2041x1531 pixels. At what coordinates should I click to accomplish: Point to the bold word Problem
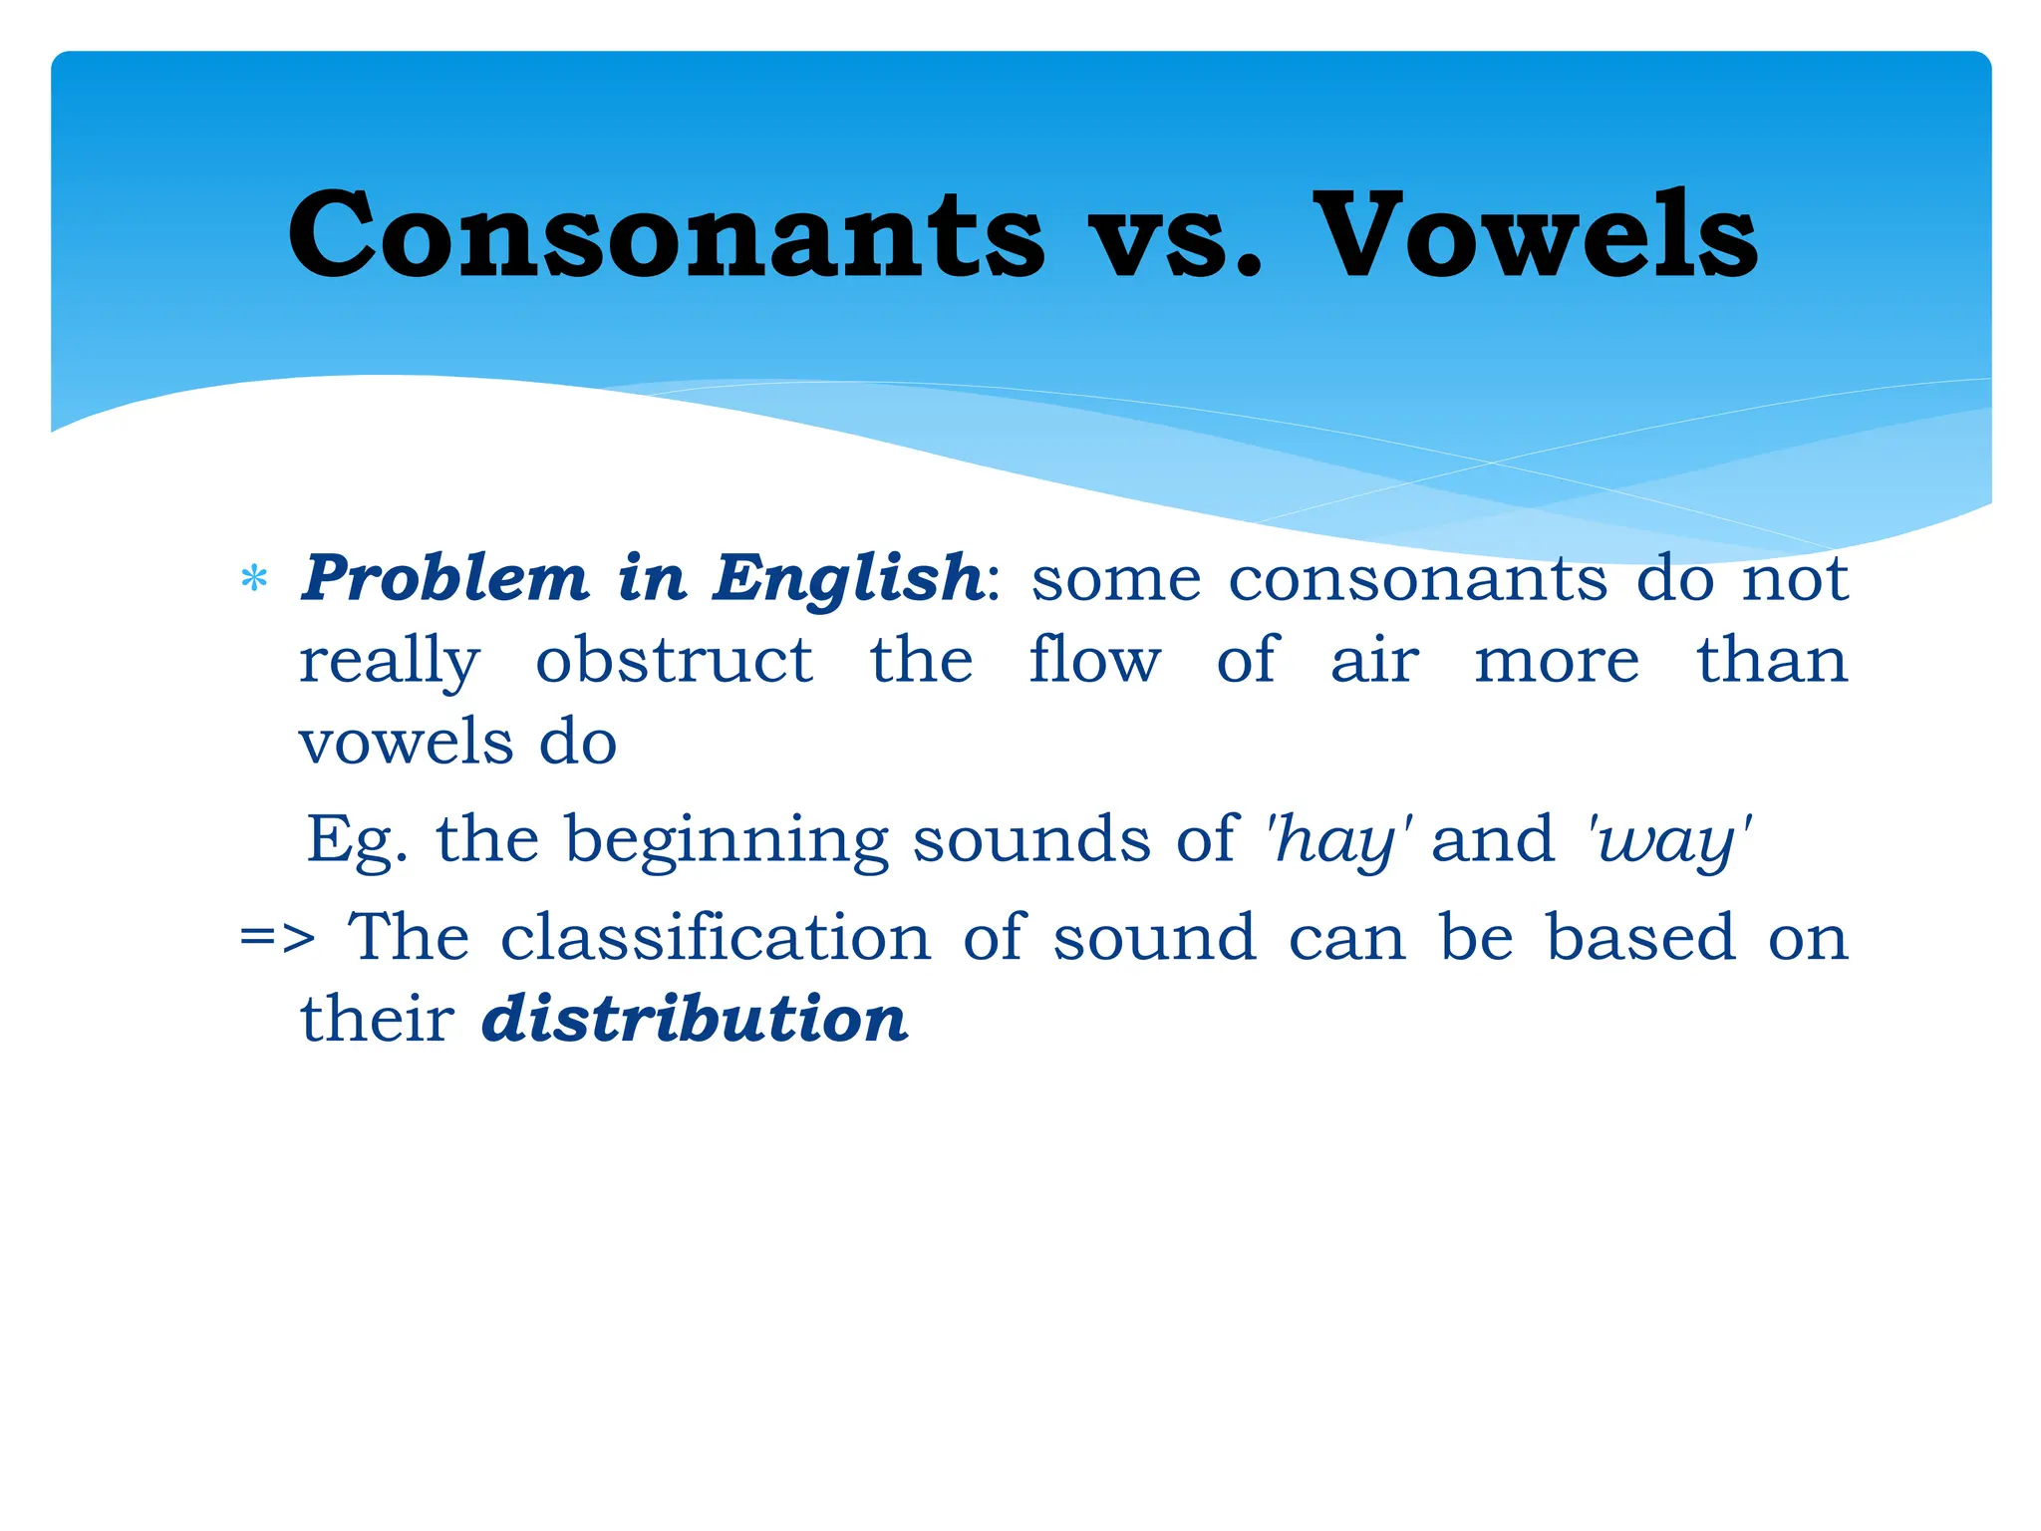[x=445, y=578]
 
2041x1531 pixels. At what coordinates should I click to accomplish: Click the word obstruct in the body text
[x=674, y=660]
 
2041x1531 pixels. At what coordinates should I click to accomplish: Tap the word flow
[x=1094, y=660]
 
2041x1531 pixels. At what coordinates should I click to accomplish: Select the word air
[x=1374, y=662]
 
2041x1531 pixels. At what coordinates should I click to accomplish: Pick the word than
[x=1772, y=660]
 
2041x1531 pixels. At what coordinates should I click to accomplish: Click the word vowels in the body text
[x=407, y=743]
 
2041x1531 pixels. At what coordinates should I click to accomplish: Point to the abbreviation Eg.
[x=356, y=840]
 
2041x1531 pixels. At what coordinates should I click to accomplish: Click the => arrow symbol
[x=277, y=939]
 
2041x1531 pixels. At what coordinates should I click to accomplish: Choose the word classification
[x=716, y=938]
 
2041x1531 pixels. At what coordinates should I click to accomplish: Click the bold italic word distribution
[x=695, y=1020]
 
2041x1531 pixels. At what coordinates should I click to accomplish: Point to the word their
[x=377, y=1020]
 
